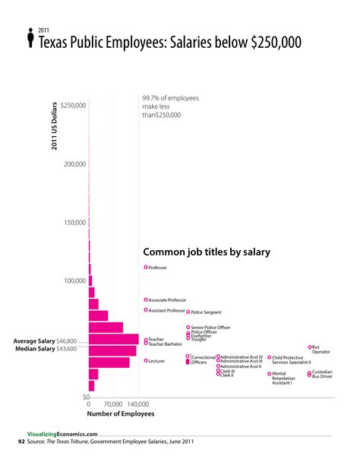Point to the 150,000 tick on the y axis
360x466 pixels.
pyautogui.click(x=73, y=223)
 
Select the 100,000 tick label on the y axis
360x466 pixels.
pyautogui.click(x=73, y=281)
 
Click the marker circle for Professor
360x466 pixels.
pyautogui.click(x=146, y=268)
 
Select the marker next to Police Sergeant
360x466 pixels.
pyautogui.click(x=188, y=312)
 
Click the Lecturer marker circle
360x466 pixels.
pyautogui.click(x=146, y=361)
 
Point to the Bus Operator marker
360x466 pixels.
pyautogui.click(x=310, y=347)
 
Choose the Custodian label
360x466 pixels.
pyautogui.click(x=322, y=372)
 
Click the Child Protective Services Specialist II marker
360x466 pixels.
pyautogui.click(x=269, y=357)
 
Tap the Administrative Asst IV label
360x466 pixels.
pyautogui.click(x=242, y=357)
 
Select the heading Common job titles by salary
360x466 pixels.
pyautogui.click(x=207, y=252)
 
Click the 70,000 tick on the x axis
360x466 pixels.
pyautogui.click(x=112, y=404)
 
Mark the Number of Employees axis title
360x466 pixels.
pyautogui.click(x=120, y=414)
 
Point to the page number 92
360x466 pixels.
pyautogui.click(x=21, y=441)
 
